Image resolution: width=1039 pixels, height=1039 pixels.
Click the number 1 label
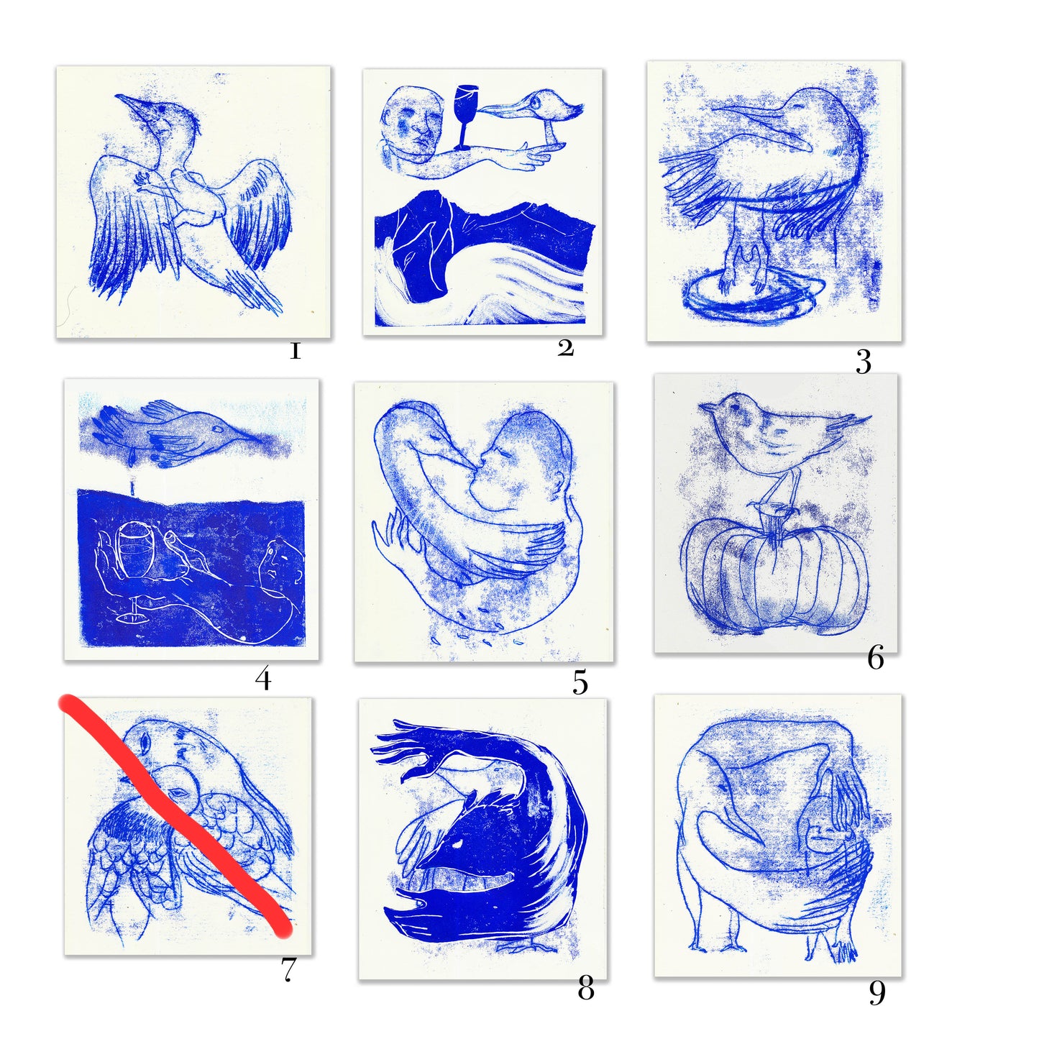(x=295, y=351)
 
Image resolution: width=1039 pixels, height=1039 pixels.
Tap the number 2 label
(x=566, y=348)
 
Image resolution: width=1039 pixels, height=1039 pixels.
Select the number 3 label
(x=864, y=362)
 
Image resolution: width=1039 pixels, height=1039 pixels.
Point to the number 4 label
(x=263, y=679)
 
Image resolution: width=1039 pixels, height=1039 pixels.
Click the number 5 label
(x=580, y=682)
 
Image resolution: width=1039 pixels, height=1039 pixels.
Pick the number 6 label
(x=875, y=657)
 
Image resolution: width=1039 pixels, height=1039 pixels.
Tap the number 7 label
(x=288, y=969)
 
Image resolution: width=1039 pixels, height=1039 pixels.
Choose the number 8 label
(x=586, y=989)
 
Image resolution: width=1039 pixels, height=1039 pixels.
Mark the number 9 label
(x=877, y=992)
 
